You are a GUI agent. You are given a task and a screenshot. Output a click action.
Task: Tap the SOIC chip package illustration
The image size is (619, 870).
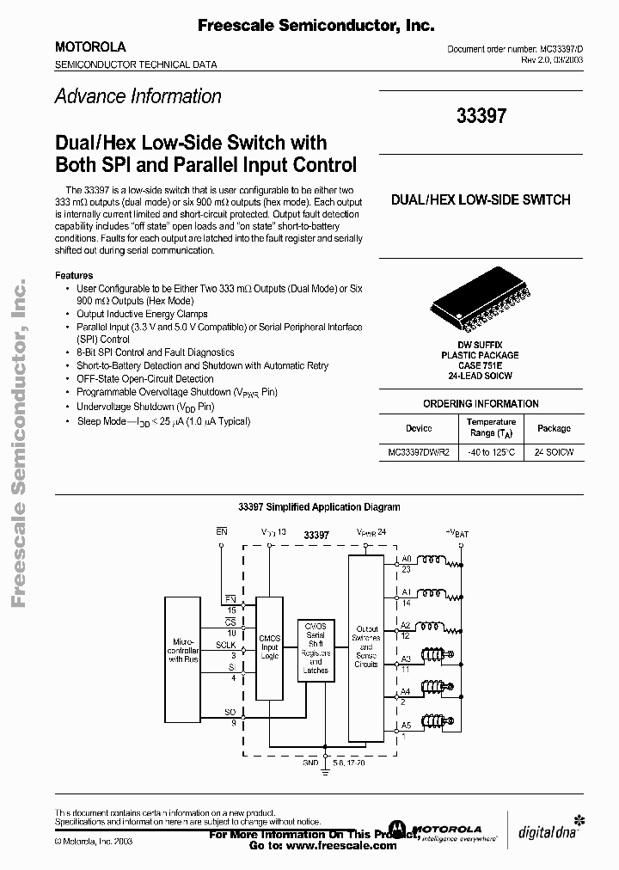pyautogui.click(x=481, y=304)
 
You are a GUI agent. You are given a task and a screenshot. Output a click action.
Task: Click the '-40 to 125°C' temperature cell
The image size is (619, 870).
pyautogui.click(x=491, y=452)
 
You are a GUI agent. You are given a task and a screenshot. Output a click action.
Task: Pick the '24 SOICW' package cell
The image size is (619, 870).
pyautogui.click(x=554, y=452)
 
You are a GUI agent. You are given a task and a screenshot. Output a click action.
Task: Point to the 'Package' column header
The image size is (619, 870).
pyautogui.click(x=554, y=427)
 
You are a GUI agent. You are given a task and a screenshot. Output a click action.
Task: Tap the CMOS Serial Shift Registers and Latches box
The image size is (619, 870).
pyautogui.click(x=316, y=651)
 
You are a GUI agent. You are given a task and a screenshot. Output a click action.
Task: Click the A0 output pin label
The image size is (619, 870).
pyautogui.click(x=406, y=557)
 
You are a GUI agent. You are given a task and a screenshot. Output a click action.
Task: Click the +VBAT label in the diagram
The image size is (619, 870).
pyautogui.click(x=456, y=533)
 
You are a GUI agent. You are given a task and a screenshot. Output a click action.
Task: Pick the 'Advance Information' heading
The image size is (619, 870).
pyautogui.click(x=138, y=96)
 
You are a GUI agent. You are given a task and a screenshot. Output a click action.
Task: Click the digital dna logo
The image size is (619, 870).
pyautogui.click(x=549, y=832)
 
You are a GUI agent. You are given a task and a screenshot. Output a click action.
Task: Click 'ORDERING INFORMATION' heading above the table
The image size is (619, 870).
pyautogui.click(x=481, y=403)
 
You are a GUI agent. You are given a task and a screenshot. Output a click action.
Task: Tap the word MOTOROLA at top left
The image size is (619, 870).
pyautogui.click(x=90, y=47)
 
